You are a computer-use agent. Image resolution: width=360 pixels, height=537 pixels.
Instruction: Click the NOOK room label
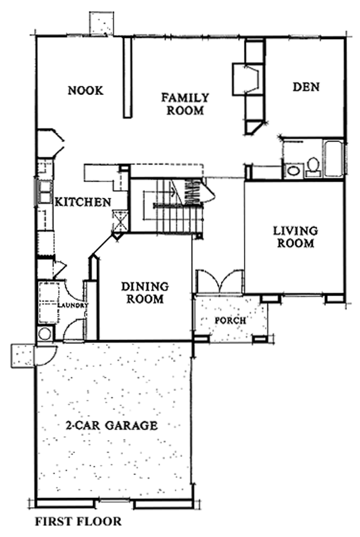coord(85,91)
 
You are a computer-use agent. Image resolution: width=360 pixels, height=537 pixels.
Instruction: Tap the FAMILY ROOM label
coord(186,104)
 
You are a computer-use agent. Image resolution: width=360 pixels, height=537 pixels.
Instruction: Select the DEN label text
coord(306,87)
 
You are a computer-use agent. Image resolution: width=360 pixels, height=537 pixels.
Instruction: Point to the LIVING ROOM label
coord(295,237)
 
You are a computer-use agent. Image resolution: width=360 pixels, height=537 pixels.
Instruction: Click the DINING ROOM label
coord(145,293)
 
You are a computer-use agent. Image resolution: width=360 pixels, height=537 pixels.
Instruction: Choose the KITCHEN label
coord(83,202)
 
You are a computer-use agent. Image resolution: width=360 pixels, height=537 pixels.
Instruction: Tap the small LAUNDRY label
coord(73,305)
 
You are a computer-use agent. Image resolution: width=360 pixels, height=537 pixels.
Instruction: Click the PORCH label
coord(230,320)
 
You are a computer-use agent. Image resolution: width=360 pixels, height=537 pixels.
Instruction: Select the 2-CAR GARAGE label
coord(112,425)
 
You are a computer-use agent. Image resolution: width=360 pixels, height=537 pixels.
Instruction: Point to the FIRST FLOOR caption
coord(78,521)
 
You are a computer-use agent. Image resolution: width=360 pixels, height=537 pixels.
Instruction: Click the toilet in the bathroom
coord(313,167)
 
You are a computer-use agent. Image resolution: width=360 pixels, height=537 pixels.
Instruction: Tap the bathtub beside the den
coord(334,159)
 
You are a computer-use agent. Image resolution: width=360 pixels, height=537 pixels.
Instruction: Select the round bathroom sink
coord(294,170)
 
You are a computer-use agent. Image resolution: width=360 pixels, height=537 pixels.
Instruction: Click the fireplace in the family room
coord(246,79)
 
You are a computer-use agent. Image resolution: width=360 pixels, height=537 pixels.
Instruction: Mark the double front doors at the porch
coord(220,282)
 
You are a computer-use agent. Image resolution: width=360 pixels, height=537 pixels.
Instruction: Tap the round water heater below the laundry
coord(45,334)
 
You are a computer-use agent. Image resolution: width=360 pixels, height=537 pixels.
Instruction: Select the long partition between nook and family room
coord(127,78)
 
